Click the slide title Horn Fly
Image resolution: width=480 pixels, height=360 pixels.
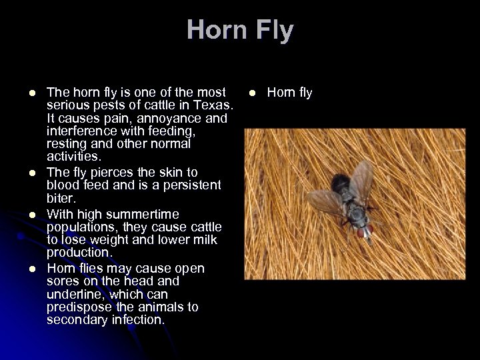240,31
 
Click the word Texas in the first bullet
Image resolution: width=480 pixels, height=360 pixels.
215,106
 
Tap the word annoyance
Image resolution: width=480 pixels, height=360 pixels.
174,119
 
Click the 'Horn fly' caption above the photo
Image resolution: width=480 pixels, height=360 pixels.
290,93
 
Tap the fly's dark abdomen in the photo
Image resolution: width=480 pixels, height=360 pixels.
342,183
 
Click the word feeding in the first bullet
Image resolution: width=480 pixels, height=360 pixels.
155,131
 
